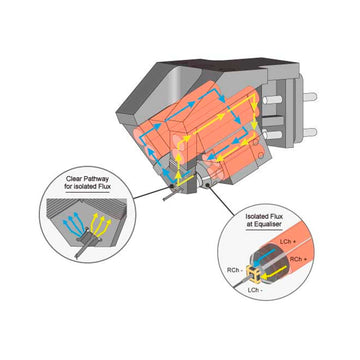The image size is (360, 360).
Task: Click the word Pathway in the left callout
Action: [96, 179]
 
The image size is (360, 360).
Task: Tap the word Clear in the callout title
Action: [74, 179]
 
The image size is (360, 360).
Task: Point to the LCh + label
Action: [287, 241]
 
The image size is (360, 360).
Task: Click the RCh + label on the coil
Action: [297, 259]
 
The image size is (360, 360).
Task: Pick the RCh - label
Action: [235, 270]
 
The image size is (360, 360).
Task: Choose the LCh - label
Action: [255, 290]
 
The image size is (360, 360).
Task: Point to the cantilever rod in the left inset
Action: [83, 248]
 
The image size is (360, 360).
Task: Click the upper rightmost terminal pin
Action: [309, 97]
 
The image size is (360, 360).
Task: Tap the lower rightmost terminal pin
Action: [309, 132]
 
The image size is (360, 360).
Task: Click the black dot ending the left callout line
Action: [171, 185]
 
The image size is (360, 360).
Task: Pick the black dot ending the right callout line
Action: [208, 184]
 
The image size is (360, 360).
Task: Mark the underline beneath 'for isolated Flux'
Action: [87, 192]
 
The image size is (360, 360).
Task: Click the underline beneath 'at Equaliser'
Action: [264, 229]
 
